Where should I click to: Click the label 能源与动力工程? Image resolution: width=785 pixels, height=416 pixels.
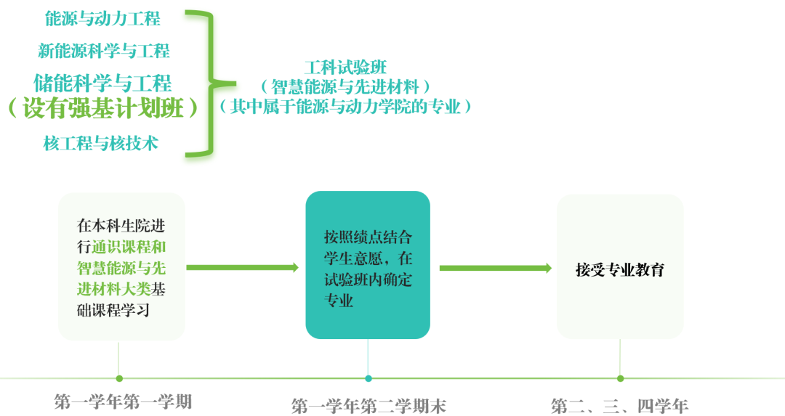coord(102,19)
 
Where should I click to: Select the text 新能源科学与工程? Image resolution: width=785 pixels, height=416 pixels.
coord(104,51)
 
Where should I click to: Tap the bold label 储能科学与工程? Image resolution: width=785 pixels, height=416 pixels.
coord(102,82)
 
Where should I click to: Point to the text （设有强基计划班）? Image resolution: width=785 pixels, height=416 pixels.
coord(102,109)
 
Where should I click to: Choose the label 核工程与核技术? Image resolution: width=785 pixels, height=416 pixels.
coord(101,143)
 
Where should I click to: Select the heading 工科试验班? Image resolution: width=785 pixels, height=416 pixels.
coord(345,68)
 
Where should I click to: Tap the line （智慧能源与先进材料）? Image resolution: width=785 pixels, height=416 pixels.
coord(345,87)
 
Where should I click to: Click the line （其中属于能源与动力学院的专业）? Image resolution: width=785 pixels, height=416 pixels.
coord(345,107)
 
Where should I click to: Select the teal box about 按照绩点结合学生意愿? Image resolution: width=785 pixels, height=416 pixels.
coord(368,265)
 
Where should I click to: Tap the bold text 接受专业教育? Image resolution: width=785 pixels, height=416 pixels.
coord(619,269)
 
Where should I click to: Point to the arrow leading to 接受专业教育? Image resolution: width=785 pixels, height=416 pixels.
coord(495,268)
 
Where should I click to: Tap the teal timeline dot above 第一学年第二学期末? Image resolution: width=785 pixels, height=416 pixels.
coord(369,378)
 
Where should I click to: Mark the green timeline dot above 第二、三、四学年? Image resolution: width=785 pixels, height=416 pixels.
coord(620,378)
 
